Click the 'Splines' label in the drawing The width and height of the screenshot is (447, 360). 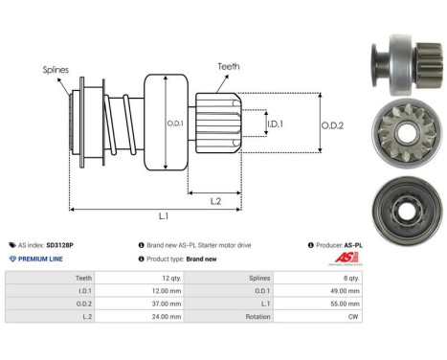(55, 70)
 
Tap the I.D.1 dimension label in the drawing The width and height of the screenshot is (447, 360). (275, 124)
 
